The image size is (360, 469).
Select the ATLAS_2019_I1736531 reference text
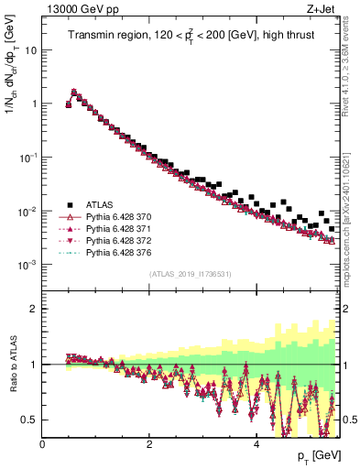189,275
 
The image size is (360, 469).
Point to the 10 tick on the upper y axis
30,49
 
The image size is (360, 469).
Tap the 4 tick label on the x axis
256,444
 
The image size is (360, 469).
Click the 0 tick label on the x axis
43,444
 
